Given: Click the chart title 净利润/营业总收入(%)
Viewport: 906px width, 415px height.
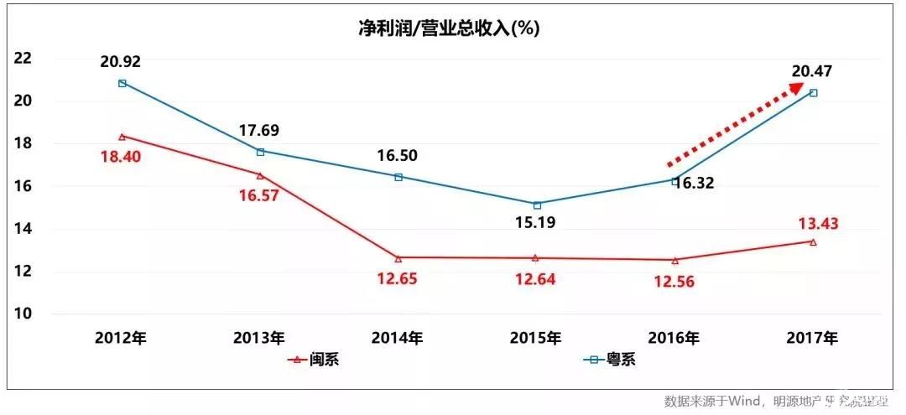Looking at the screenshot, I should (449, 29).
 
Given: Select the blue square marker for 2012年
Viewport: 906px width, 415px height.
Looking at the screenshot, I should (122, 83).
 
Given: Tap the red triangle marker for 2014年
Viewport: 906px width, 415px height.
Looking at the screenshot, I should (398, 257).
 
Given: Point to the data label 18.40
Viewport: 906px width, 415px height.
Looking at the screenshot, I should (122, 157).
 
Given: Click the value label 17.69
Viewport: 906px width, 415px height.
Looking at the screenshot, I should (260, 130).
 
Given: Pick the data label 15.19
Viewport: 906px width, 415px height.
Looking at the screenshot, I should (536, 223).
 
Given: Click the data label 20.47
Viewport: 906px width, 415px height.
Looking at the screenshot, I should (812, 71).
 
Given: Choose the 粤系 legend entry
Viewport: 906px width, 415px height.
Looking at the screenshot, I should (611, 360).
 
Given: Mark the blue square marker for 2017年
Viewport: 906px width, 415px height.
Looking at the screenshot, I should (813, 92).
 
